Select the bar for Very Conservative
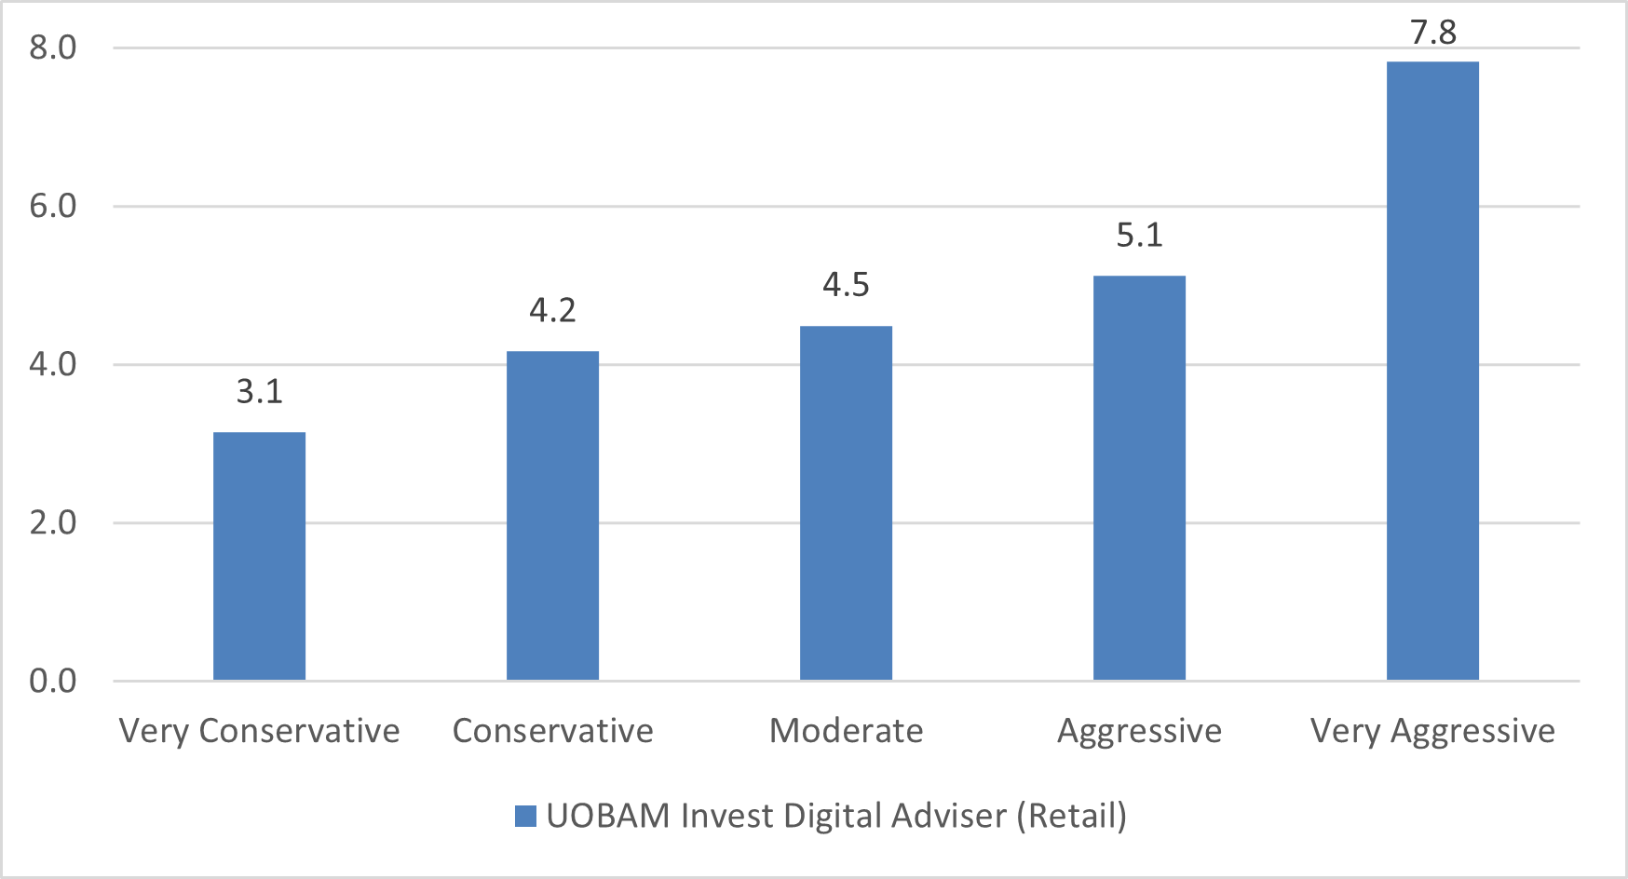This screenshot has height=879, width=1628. [x=259, y=556]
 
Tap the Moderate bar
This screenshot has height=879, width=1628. [x=846, y=503]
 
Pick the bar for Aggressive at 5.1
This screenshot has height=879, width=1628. [x=1139, y=478]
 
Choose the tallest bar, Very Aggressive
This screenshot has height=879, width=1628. [x=1432, y=371]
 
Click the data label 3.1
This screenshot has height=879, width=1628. [x=259, y=391]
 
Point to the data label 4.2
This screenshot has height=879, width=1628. [x=552, y=310]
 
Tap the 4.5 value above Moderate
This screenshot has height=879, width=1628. [x=846, y=285]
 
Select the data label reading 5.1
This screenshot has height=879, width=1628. [x=1139, y=235]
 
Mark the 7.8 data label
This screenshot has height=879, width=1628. [x=1432, y=33]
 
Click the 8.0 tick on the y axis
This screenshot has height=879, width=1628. [x=53, y=47]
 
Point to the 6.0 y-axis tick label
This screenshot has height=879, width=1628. [x=53, y=206]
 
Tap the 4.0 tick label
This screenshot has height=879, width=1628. [x=53, y=364]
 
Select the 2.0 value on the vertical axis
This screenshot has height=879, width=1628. [x=53, y=522]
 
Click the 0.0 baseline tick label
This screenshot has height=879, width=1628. [x=53, y=681]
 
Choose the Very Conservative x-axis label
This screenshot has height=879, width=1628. [x=259, y=731]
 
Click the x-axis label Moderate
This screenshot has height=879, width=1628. [x=846, y=731]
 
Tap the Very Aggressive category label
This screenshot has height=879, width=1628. [x=1432, y=731]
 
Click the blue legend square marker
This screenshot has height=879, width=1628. [x=525, y=817]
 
